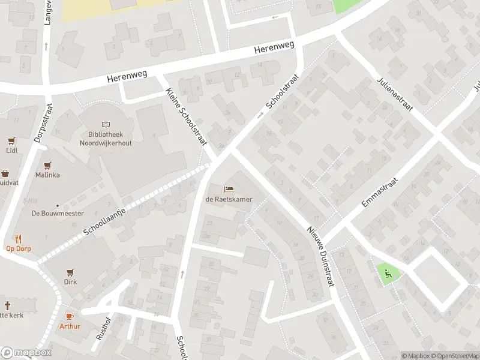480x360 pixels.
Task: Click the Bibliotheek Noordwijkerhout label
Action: click(106, 139)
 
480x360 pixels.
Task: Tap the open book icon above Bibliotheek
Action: click(106, 124)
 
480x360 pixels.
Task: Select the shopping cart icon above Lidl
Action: click(11, 141)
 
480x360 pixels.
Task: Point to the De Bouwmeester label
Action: click(58, 213)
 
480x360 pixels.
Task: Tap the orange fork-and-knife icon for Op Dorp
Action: click(19, 238)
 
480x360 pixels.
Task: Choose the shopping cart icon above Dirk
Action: click(71, 271)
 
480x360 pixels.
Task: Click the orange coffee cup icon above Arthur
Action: click(69, 316)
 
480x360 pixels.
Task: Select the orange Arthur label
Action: click(69, 326)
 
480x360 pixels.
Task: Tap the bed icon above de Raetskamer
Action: click(229, 190)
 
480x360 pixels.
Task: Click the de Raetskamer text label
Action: click(229, 199)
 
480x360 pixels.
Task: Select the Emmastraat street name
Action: click(380, 193)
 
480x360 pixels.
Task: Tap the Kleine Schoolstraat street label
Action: click(186, 116)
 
